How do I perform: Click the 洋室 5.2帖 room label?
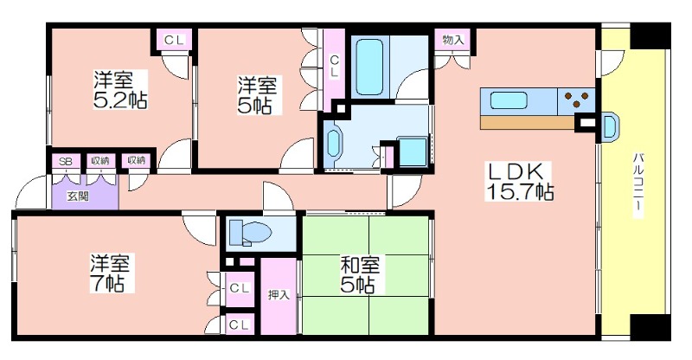(x=119, y=89)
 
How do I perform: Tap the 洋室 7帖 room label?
(x=111, y=273)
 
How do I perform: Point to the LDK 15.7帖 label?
(x=519, y=181)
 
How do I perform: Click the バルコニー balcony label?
(x=638, y=184)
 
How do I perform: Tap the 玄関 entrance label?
(x=78, y=196)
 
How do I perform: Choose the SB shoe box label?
(x=66, y=161)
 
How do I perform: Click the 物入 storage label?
(x=453, y=40)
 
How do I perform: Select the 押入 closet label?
(x=279, y=294)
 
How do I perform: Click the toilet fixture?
(x=250, y=232)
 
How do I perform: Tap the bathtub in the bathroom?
(x=369, y=67)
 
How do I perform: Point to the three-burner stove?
(x=577, y=100)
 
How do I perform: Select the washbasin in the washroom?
(x=332, y=141)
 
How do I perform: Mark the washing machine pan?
(x=413, y=152)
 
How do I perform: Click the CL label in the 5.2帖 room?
(x=174, y=40)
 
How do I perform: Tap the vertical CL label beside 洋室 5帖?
(x=334, y=67)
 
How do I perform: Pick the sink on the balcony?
(x=611, y=125)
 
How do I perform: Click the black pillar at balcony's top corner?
(x=650, y=35)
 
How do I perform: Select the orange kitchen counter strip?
(x=528, y=122)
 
